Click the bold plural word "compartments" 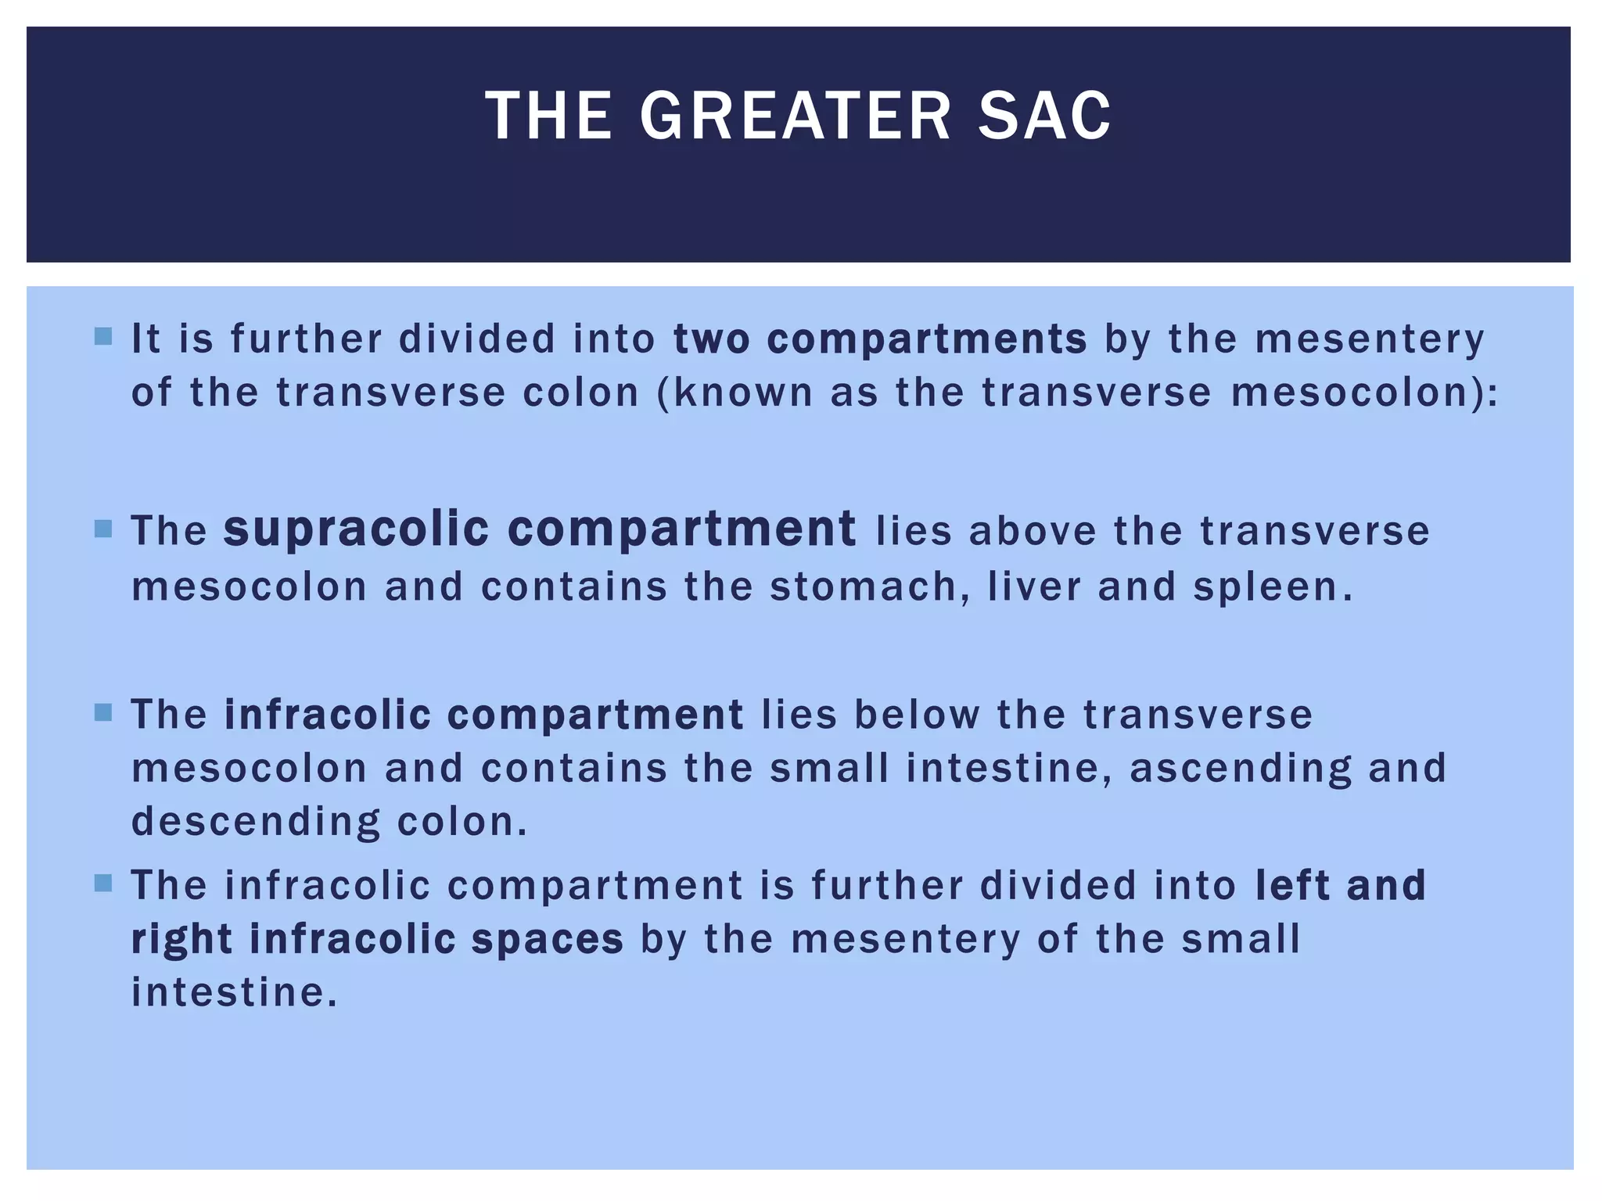click(927, 340)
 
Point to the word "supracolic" click(356, 529)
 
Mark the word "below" click(917, 715)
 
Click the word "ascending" click(1241, 769)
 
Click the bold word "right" click(182, 940)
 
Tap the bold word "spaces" click(548, 940)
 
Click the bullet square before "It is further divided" click(102, 337)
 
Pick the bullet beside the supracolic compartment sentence click(102, 529)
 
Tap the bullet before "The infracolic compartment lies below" click(102, 713)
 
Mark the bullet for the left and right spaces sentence click(102, 884)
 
